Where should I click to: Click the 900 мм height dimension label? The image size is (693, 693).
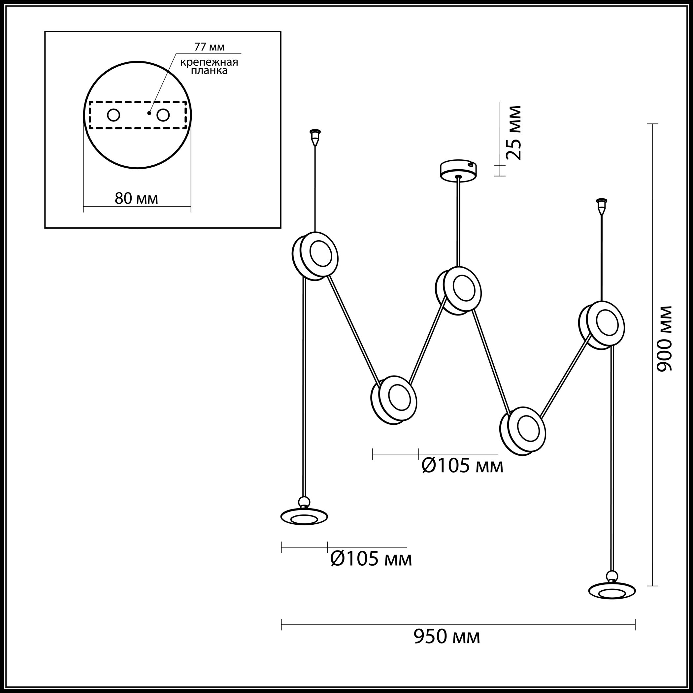663,339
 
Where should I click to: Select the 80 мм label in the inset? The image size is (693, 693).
136,198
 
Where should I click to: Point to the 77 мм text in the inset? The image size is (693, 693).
209,47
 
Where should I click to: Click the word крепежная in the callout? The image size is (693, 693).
209,62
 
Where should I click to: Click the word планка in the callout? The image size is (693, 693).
209,70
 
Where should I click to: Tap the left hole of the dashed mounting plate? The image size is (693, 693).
114,115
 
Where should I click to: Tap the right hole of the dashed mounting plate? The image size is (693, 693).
163,115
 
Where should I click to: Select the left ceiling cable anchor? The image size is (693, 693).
315,138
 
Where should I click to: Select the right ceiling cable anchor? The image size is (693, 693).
601,207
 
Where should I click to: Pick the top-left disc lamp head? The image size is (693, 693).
315,256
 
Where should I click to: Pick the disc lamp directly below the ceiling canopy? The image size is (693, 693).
458,291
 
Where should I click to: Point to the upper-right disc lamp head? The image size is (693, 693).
602,325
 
